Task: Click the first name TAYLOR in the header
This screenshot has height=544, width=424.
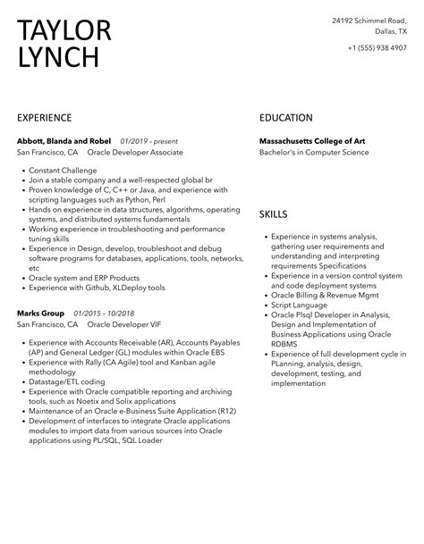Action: coord(64,30)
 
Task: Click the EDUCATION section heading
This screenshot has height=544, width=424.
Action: coord(285,118)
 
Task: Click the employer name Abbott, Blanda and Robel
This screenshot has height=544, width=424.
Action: coord(64,141)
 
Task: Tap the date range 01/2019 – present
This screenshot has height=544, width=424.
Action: coord(149,141)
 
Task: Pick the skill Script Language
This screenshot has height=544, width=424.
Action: coord(302,304)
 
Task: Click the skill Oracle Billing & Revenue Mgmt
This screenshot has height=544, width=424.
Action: coord(327,294)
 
